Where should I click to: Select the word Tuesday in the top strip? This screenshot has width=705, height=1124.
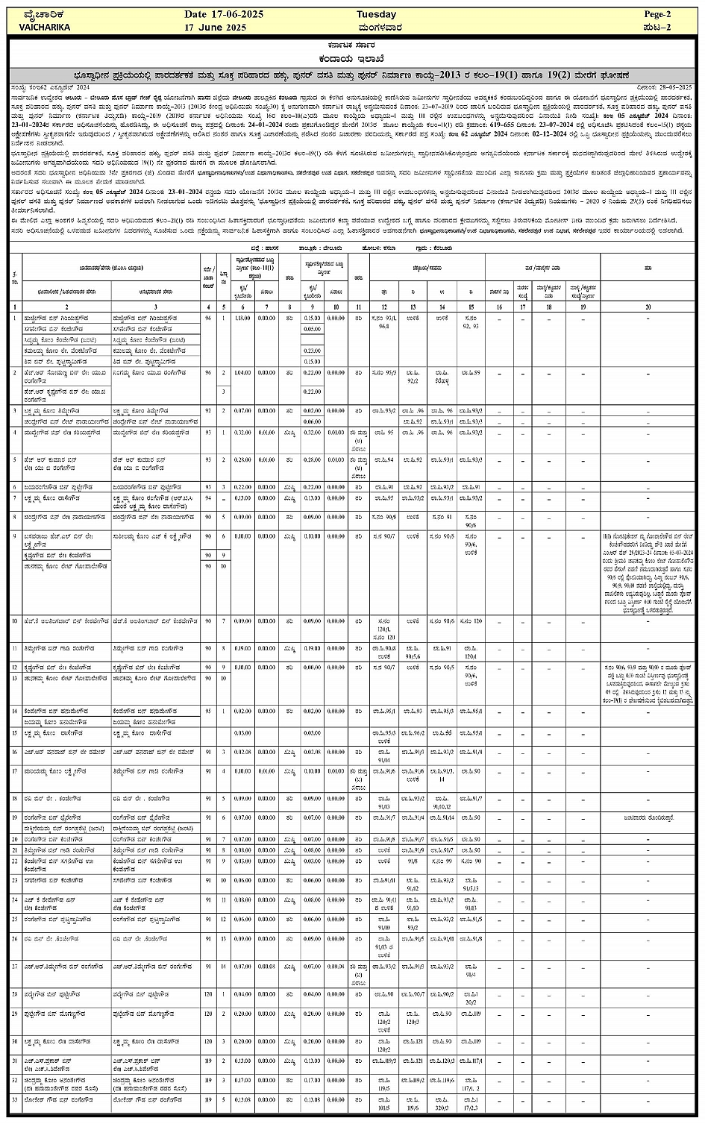pos(376,14)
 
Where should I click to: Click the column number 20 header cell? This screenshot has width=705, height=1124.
pos(648,307)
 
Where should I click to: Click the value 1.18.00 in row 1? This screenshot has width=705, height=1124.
pos(242,318)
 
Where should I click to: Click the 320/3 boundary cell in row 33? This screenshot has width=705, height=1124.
pos(443,1108)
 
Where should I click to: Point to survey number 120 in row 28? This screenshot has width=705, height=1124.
pos(208,994)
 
